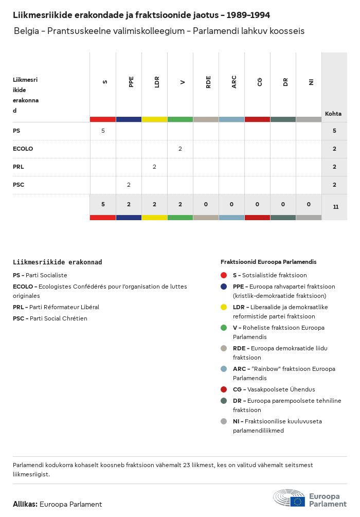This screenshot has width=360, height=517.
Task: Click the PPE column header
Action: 131,82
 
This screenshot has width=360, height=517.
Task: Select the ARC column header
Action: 234,82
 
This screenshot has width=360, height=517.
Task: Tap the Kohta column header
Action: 333,114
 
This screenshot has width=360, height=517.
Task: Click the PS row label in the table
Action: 17,131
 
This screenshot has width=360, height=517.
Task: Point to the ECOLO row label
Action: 23,149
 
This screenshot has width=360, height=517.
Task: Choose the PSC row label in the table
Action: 19,185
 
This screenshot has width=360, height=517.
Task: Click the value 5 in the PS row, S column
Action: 103,131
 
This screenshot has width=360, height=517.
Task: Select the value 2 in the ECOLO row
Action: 180,149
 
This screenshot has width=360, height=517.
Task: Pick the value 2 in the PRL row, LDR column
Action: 154,167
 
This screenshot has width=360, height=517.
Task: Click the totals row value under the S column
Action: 103,204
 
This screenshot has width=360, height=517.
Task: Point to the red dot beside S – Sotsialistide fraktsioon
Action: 224,275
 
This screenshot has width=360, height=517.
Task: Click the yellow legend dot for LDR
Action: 224,307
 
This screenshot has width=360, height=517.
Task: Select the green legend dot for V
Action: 224,328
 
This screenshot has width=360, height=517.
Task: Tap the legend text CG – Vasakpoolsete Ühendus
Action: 274,389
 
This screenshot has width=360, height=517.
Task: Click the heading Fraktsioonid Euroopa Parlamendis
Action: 268,262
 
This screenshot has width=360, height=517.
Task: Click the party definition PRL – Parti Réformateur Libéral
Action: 56,307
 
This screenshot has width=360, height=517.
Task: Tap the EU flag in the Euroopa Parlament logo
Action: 297,502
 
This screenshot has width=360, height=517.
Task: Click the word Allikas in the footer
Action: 25,504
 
